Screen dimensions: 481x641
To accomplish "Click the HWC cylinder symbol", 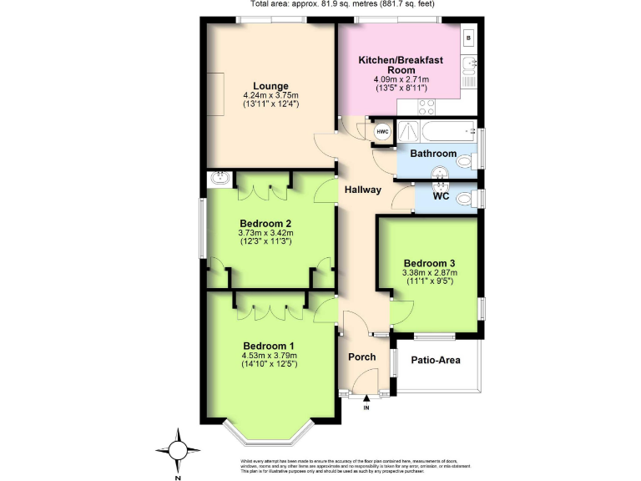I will tap(382, 133).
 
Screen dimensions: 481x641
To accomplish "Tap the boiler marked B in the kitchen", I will tap(469, 38).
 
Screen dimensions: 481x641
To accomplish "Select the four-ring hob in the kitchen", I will tap(427, 107).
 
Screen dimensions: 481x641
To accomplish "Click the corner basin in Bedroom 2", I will tap(220, 178).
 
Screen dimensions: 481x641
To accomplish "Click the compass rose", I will tap(178, 448).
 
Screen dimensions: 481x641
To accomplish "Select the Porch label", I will tap(363, 361).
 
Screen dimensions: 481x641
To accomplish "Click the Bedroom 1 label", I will tap(269, 346).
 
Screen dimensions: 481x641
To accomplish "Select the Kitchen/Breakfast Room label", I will tap(400, 65).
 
